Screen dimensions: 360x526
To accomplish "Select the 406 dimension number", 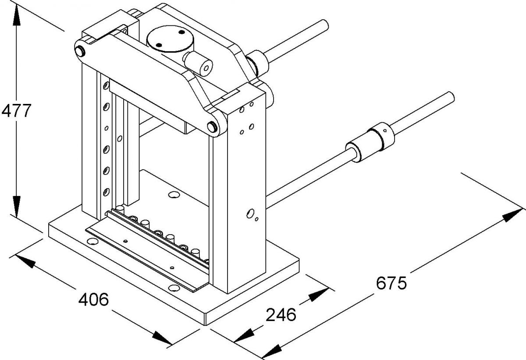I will tap(93, 299).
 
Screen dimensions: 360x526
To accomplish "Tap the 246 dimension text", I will tap(281, 314).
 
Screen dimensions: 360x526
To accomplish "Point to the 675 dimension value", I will tap(391, 283).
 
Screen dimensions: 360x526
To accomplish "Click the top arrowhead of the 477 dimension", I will tap(16, 15).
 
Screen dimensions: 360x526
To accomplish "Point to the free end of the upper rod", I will tap(324, 25).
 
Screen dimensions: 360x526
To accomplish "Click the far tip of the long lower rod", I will tap(451, 96).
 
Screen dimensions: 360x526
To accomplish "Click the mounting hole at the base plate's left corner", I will tap(92, 242).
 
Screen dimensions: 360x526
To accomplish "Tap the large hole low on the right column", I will tap(250, 214).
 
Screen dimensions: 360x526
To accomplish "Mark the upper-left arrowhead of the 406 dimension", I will tap(24, 261).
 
